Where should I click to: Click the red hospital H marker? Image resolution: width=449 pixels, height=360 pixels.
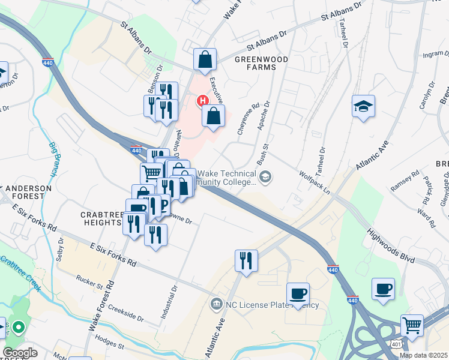tap(203, 100)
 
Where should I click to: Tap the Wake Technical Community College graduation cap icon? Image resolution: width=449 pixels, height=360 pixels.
tap(265, 176)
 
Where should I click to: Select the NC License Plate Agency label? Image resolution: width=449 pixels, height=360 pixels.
tap(272, 304)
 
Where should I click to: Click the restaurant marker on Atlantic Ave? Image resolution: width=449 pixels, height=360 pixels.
tap(246, 261)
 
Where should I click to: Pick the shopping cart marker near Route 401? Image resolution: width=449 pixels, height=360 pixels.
tap(412, 326)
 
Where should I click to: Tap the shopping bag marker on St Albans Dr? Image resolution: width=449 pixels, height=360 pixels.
tap(205, 60)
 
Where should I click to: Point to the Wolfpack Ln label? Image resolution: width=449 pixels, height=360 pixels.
tap(315, 181)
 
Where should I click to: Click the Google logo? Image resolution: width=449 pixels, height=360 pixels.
tap(20, 353)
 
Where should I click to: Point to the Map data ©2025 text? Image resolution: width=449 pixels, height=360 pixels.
tap(423, 355)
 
